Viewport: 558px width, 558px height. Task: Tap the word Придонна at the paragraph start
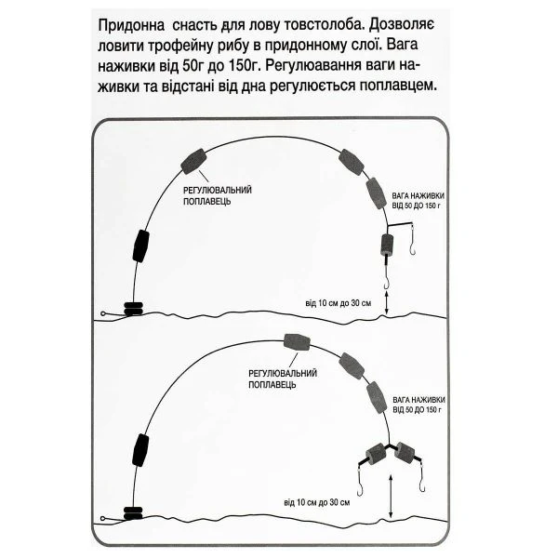131,26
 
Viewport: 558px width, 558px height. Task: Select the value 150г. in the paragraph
243,66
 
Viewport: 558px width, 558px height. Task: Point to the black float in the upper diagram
141,246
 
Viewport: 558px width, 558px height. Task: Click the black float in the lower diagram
140,450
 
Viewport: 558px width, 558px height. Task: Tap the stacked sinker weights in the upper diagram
133,309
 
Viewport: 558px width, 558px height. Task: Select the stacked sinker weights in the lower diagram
133,513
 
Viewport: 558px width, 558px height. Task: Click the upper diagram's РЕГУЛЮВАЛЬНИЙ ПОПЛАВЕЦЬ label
218,195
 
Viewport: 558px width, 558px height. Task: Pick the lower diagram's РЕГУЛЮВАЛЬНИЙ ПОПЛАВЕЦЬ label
283,379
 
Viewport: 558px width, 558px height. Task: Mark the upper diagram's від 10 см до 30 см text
339,303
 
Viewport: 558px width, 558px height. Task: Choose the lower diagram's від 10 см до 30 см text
317,502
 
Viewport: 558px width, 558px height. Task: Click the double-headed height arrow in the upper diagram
387,302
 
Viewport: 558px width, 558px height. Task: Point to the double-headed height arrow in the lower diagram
391,498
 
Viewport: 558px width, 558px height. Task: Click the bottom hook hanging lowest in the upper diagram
387,283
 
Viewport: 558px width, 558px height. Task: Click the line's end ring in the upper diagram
103,313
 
